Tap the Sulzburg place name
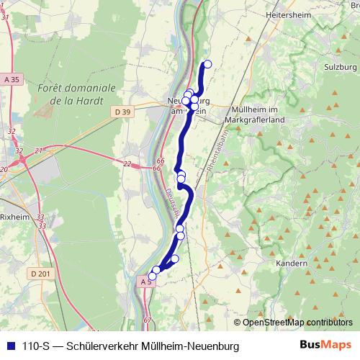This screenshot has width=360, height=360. pyautogui.click(x=340, y=66)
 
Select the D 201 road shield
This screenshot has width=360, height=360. pyautogui.click(x=41, y=274)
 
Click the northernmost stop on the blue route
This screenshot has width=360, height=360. pyautogui.click(x=207, y=64)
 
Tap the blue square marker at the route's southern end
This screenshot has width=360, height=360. pyautogui.click(x=152, y=276)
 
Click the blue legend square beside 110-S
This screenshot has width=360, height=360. pyautogui.click(x=9, y=346)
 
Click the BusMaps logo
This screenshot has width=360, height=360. pyautogui.click(x=327, y=346)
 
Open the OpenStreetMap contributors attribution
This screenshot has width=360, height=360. pyautogui.click(x=297, y=322)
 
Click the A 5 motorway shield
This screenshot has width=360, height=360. pyautogui.click(x=146, y=283)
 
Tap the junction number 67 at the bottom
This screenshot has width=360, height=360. pyautogui.click(x=148, y=319)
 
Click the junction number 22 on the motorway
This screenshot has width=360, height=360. pyautogui.click(x=127, y=164)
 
